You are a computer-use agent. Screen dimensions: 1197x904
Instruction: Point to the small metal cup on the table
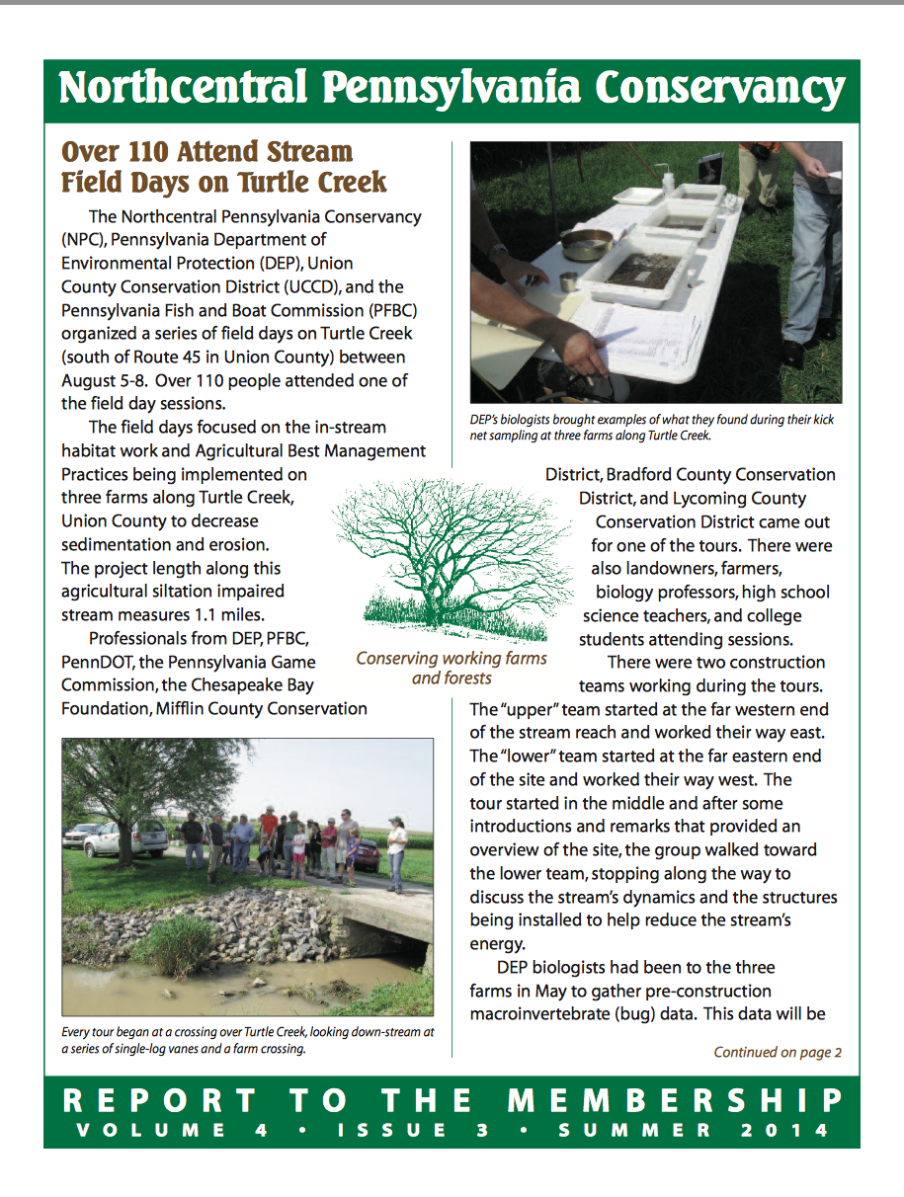[x=568, y=281]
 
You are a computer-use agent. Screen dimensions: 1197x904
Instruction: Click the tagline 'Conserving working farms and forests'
[x=452, y=669]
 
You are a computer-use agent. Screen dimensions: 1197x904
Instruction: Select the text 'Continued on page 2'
[x=778, y=1053]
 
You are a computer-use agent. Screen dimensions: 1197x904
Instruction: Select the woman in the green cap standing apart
[x=396, y=849]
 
